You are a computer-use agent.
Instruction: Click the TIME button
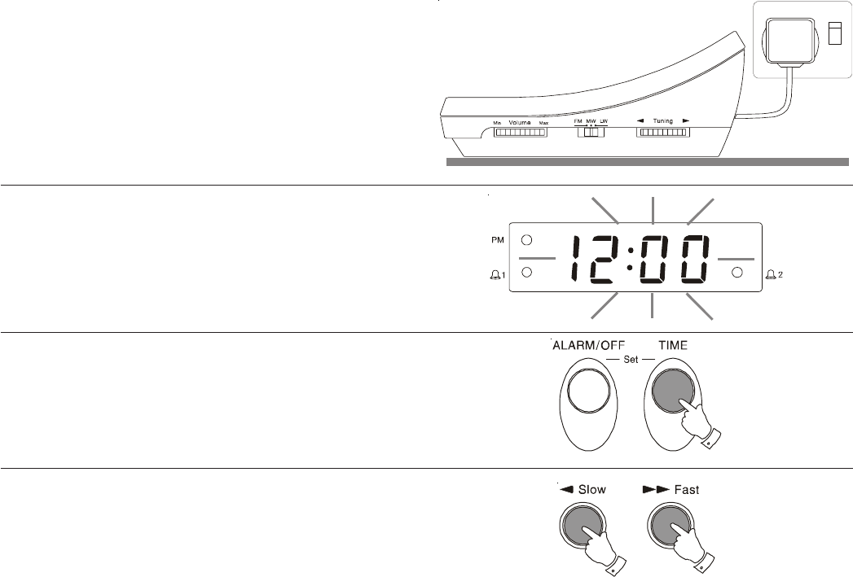(x=668, y=391)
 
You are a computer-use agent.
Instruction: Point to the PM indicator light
(x=526, y=241)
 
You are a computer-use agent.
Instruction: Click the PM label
(x=496, y=241)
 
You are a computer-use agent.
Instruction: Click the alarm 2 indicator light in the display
(x=736, y=272)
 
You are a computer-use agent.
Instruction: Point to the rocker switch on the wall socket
(x=833, y=33)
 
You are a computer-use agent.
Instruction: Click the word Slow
(x=592, y=490)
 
